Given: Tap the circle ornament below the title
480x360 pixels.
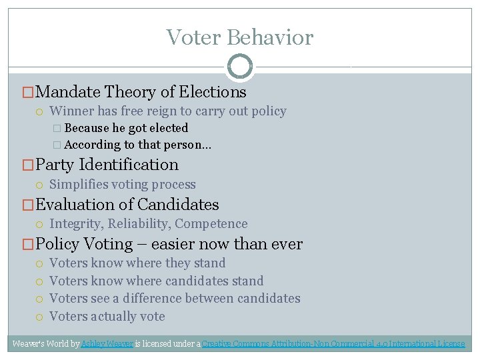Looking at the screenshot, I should coord(240,67).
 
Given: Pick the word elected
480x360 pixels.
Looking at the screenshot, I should coord(169,128).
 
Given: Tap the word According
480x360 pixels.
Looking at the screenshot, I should coord(92,145).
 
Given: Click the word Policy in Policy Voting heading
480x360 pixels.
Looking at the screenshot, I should coord(57,244).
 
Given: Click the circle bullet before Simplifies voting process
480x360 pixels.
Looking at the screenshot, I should coord(41,185).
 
